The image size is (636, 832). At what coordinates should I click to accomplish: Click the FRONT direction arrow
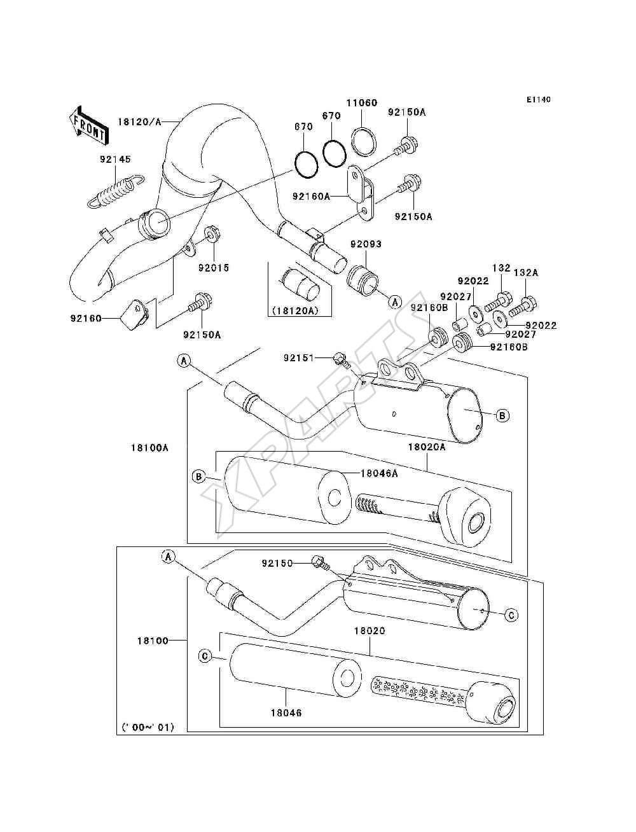point(88,125)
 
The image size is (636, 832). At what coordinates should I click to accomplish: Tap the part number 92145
point(116,159)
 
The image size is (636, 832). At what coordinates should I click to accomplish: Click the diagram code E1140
point(538,100)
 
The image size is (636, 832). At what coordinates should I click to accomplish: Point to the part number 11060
point(362,102)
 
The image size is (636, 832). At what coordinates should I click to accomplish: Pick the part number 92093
point(366,244)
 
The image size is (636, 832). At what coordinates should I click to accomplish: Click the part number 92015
point(214,268)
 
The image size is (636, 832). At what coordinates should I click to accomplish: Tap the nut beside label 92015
point(212,234)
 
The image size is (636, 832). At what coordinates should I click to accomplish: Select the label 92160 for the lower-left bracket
point(86,319)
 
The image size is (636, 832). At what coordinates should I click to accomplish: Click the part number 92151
point(299,357)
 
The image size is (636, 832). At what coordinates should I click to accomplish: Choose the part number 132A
point(526,272)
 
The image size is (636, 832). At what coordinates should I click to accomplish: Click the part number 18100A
point(149,448)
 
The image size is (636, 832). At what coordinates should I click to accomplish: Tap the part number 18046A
point(379,473)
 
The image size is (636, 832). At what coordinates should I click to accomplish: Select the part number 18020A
point(427,447)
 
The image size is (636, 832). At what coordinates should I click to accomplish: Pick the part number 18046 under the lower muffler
point(286,713)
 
